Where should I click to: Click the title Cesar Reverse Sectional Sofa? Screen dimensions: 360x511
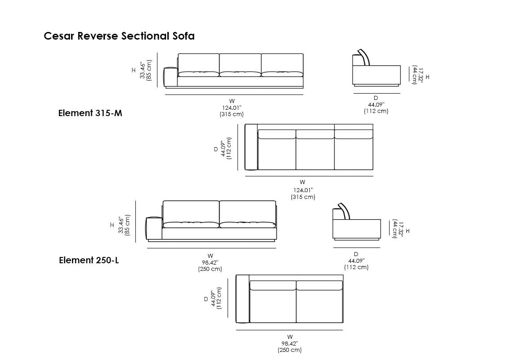pos(119,36)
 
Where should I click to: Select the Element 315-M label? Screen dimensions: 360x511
pos(90,113)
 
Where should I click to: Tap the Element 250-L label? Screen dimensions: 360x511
pos(89,260)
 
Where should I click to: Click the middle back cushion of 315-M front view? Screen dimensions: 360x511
pos(240,62)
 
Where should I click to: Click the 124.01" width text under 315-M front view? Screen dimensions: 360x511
pos(232,108)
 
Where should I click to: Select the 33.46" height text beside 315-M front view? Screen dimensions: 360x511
pos(143,71)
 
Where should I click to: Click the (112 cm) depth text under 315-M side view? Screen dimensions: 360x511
pos(376,111)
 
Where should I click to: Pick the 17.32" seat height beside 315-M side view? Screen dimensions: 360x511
pos(421,74)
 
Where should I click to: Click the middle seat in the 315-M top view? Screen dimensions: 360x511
pos(315,153)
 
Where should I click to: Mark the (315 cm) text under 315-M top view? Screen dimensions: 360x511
pos(303,197)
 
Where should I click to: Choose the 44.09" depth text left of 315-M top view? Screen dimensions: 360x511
pos(223,148)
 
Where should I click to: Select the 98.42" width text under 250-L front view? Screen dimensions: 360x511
pos(210,262)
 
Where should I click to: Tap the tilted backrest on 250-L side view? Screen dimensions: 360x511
pos(344,211)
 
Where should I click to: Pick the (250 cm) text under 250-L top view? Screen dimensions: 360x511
pos(290,350)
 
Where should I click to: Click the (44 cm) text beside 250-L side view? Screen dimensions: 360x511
pos(395,229)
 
